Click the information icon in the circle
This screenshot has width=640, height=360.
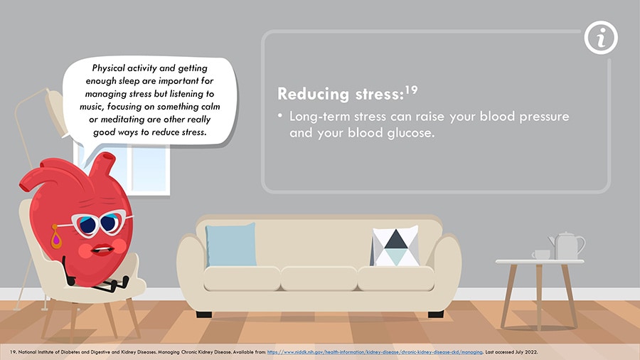[x=601, y=38]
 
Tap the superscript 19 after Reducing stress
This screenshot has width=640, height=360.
[x=412, y=90]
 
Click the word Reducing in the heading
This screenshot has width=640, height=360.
[x=314, y=94]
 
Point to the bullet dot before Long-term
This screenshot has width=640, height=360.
[x=280, y=116]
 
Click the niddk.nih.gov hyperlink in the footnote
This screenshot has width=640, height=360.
[x=375, y=352]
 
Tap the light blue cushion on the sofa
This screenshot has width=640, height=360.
[x=231, y=245]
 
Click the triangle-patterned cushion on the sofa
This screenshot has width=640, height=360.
[x=395, y=246]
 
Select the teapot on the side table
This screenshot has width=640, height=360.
[x=567, y=245]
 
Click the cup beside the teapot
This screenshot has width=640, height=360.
[x=541, y=255]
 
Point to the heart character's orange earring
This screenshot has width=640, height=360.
[x=56, y=237]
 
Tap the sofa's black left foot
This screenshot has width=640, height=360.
[x=204, y=314]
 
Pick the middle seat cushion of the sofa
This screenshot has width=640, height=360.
[x=319, y=278]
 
